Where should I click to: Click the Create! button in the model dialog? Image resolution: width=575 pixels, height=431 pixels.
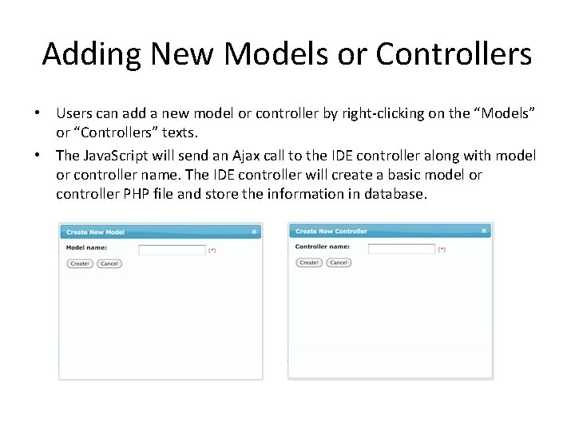coord(79,263)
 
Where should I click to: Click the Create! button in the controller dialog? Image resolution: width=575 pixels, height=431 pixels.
coord(309,263)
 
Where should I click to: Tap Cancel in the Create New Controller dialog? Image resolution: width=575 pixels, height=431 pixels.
coord(339,263)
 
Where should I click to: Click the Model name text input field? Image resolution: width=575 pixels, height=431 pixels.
coord(172,250)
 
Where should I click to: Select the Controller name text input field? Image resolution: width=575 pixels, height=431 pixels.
coord(401,249)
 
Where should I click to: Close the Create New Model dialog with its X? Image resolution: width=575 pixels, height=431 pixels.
coord(254,232)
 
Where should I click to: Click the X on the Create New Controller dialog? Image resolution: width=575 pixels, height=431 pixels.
coord(484,231)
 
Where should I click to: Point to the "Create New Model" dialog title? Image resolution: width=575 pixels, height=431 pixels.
coord(95,232)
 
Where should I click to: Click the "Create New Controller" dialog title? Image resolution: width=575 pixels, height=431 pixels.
coord(331,231)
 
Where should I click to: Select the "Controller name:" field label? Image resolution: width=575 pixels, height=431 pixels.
coord(323,247)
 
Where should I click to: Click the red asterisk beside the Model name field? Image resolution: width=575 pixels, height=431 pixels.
coord(212,251)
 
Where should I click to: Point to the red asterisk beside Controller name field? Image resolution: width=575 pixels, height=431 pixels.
coord(442,250)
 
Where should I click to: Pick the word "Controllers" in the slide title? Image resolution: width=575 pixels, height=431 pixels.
coord(454,54)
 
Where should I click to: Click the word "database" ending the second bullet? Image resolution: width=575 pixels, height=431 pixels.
coord(394,193)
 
